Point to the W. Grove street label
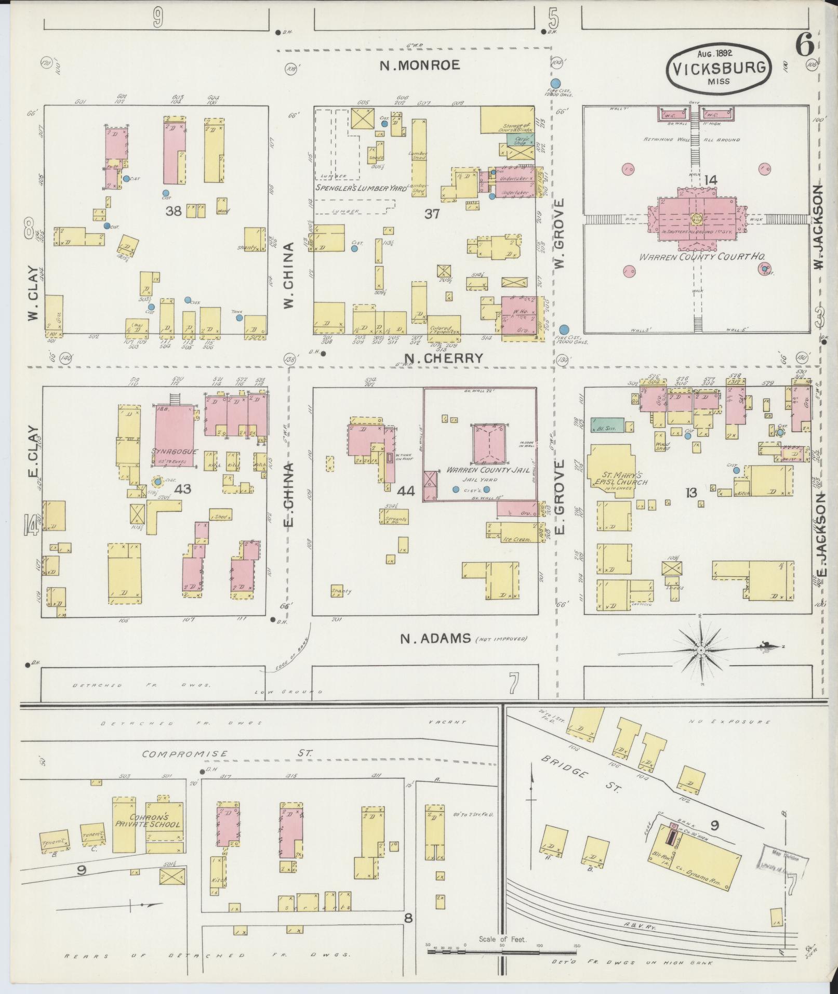(x=559, y=234)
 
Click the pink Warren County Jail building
(x=489, y=444)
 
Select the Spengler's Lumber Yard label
(x=362, y=188)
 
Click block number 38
(x=174, y=211)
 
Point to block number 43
(x=183, y=488)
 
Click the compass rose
(x=701, y=651)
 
